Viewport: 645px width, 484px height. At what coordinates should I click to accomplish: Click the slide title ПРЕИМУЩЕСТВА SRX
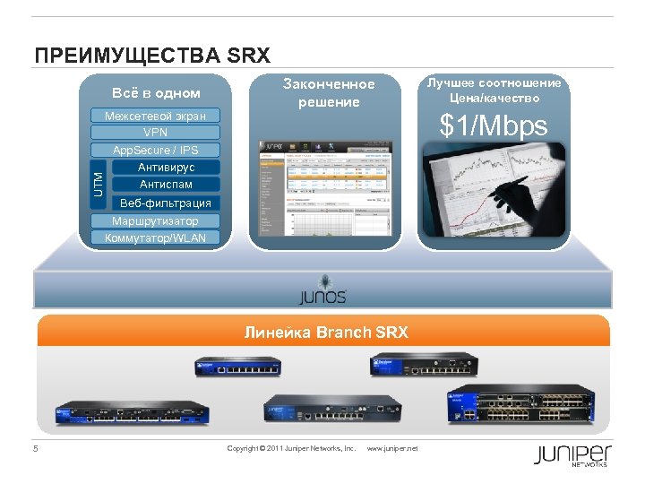(151, 56)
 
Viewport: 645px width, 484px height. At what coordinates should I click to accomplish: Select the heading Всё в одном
(156, 93)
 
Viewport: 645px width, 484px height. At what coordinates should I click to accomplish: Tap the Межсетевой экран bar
(155, 116)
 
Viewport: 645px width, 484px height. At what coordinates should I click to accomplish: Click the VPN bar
(155, 133)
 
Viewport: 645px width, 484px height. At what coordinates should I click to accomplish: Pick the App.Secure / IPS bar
(155, 150)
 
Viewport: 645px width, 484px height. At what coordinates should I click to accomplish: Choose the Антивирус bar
(166, 167)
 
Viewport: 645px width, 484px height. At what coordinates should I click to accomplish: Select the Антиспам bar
(166, 184)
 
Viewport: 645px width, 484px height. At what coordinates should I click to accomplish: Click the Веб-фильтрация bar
(166, 203)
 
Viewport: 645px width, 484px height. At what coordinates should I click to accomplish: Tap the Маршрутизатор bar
(155, 220)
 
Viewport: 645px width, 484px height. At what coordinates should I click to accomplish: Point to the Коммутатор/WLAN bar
(155, 238)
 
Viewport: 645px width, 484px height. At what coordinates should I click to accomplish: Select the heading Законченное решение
(329, 92)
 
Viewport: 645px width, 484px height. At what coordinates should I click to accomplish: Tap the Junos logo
(322, 293)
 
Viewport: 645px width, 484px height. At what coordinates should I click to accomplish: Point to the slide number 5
(36, 448)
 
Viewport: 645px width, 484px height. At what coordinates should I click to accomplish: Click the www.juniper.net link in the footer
(392, 448)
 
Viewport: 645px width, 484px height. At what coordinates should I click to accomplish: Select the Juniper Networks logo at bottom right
(572, 454)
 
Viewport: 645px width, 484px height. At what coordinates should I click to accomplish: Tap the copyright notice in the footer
(291, 448)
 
